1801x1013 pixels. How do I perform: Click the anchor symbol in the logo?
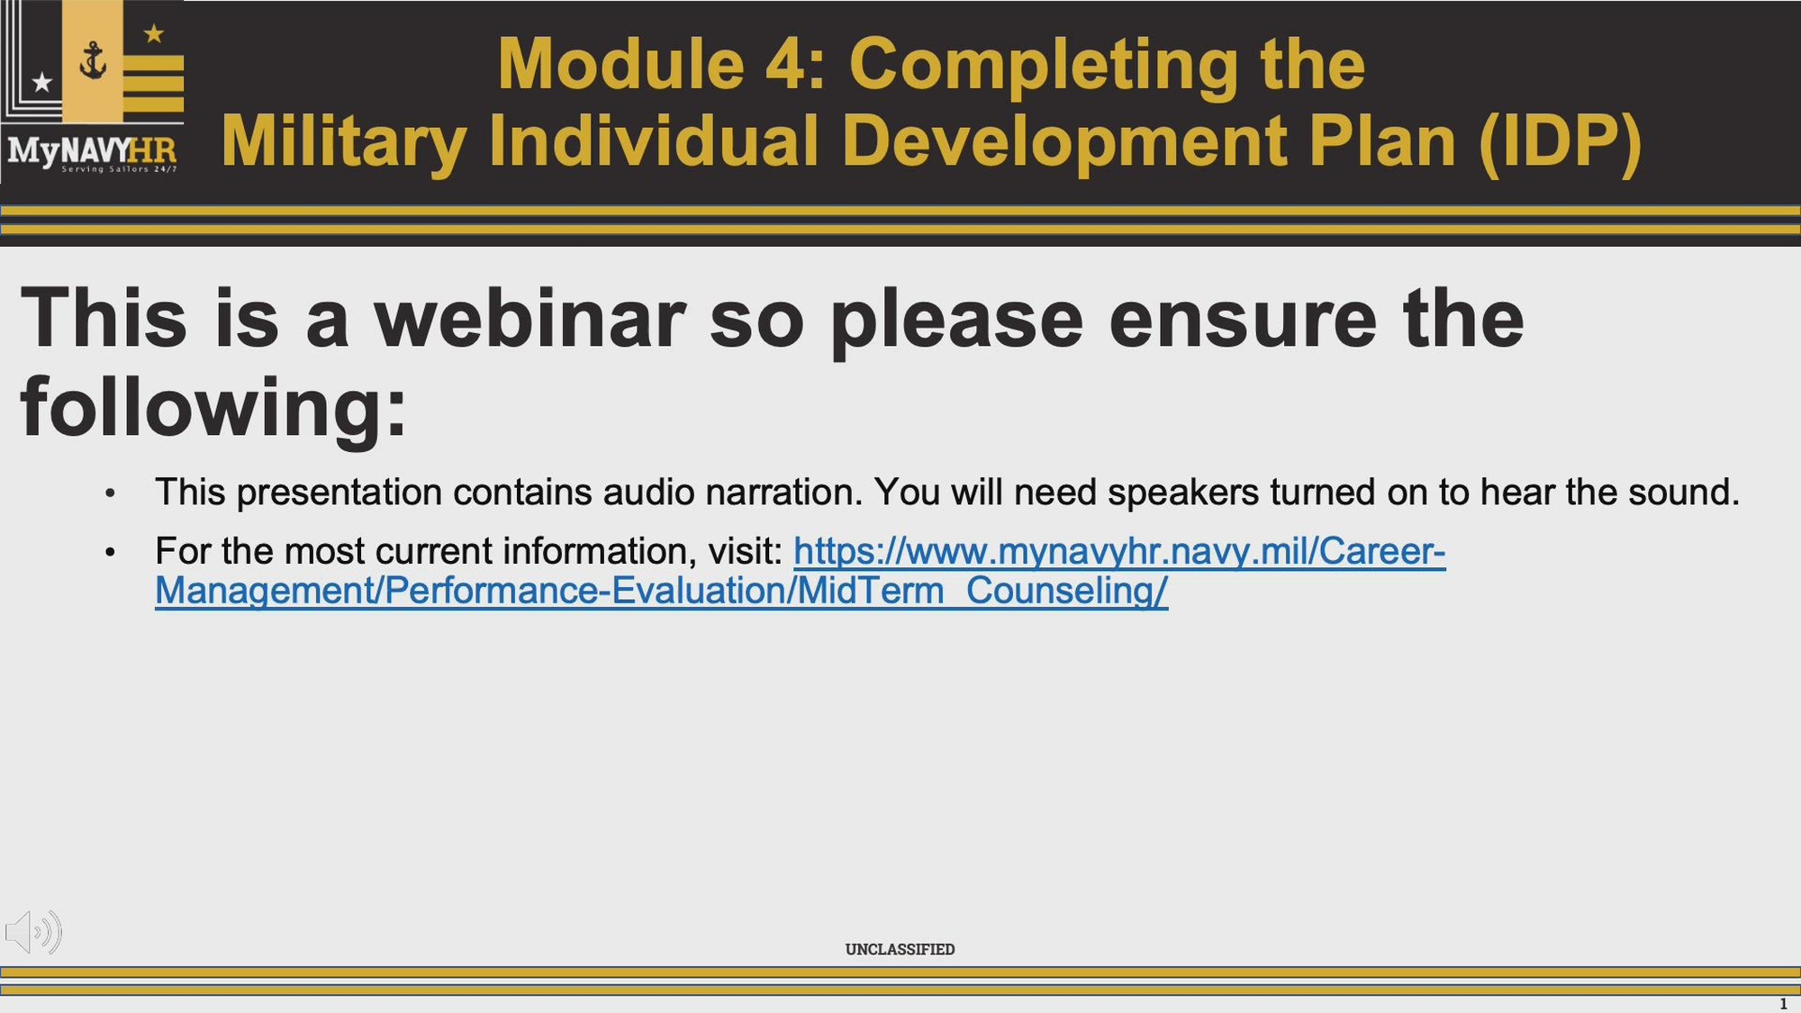93,60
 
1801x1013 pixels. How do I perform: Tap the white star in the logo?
41,83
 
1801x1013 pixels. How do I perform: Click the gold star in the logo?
154,34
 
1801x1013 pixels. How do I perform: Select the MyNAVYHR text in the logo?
92,149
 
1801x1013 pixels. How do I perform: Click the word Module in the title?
621,64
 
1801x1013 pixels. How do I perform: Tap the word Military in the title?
343,141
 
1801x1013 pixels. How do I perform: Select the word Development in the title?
1064,141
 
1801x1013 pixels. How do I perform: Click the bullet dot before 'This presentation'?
110,493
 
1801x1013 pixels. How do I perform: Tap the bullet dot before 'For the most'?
110,552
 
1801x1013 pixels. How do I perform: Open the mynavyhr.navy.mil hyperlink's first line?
1119,551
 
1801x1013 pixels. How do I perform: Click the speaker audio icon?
33,932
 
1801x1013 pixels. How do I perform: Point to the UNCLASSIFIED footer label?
900,949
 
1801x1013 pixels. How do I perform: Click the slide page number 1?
1783,1004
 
